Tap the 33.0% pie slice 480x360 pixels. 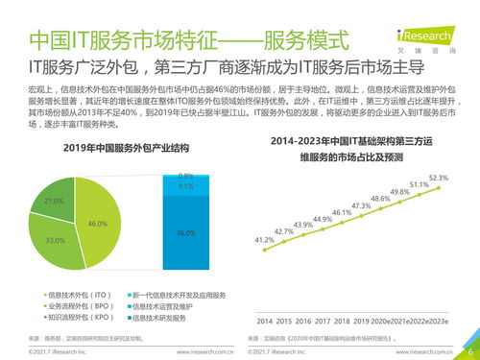coord(58,235)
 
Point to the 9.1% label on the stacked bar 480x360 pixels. coord(186,186)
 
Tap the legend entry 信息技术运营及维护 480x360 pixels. coord(172,305)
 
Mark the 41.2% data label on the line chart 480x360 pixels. coord(264,239)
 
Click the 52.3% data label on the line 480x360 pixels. coord(438,178)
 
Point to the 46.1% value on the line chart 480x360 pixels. coord(342,212)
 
